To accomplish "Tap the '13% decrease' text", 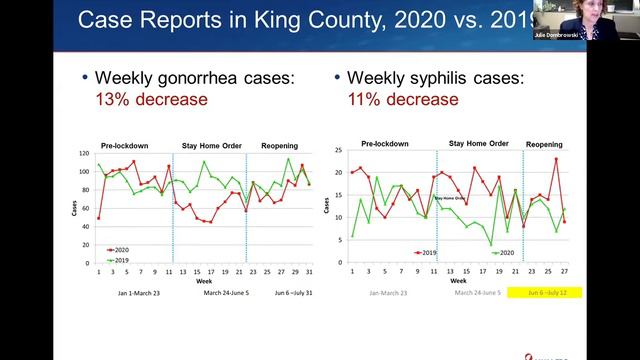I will pos(150,99).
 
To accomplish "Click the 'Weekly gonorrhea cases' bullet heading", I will pos(191,78).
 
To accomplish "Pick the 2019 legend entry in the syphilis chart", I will pos(426,253).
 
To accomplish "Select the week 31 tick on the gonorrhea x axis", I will pos(309,273).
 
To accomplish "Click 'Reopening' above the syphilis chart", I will pos(544,144).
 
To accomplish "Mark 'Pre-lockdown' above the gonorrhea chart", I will pos(125,146).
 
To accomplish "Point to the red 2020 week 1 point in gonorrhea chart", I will pos(98,218).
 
